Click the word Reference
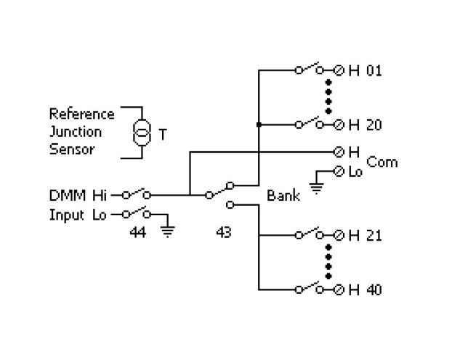[81, 114]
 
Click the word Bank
[283, 196]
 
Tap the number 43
[224, 234]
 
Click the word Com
[382, 161]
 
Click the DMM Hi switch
[136, 194]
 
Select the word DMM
[64, 196]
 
